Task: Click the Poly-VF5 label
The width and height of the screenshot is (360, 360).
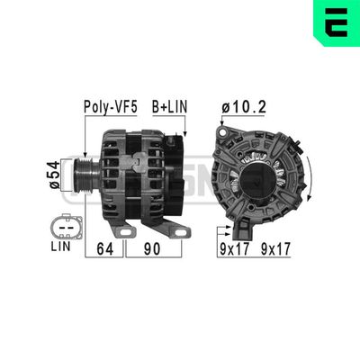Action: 109,107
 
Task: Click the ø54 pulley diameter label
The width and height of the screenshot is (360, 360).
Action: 54,172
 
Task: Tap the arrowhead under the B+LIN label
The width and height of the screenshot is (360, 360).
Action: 183,136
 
